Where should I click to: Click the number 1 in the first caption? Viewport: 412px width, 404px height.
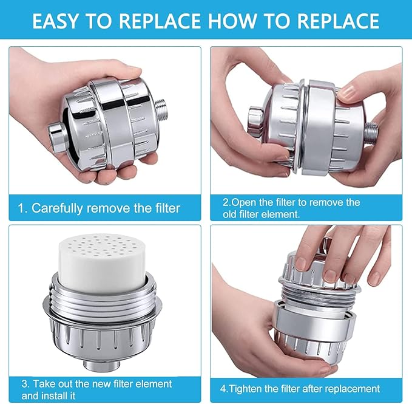point(21,208)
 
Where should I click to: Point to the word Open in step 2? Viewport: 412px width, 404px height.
point(240,202)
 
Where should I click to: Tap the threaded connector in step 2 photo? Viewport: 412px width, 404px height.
point(371,128)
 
